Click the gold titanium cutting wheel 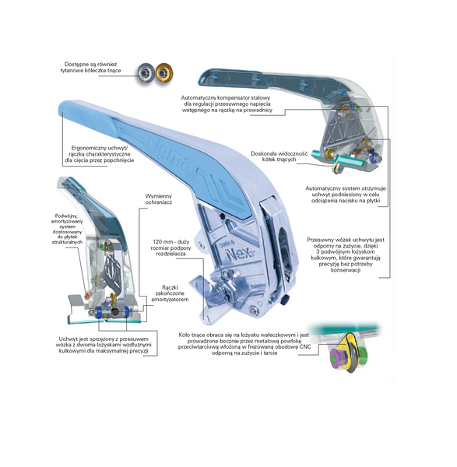[164, 73]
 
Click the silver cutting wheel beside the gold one [146, 73]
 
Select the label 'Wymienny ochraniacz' [159, 199]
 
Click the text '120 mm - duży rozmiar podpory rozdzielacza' [170, 248]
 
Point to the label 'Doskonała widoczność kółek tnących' [279, 156]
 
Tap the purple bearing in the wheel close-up [336, 356]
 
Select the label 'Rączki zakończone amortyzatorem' [170, 293]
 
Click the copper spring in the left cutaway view [88, 295]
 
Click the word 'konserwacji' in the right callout [346, 270]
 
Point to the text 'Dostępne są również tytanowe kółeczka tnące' [91, 67]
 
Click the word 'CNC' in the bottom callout [304, 346]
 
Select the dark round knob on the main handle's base [285, 300]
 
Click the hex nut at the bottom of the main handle [254, 311]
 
